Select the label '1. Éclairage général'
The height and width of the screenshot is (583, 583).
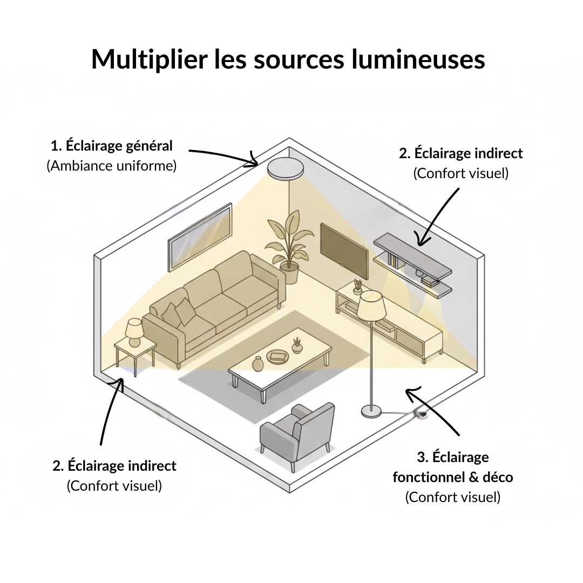[112, 146]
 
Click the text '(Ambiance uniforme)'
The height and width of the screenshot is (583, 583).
[112, 166]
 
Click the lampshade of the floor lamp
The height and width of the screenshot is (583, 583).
[371, 307]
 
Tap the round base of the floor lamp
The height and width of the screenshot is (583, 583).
[371, 412]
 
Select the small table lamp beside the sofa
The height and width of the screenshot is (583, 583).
[134, 331]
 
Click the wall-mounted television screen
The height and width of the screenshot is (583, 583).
[344, 250]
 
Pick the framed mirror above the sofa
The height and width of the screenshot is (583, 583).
[200, 237]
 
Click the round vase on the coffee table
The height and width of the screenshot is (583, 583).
[257, 364]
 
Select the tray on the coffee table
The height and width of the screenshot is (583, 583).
[278, 356]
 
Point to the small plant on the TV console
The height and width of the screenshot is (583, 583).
[357, 286]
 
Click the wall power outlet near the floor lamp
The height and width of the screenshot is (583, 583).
[421, 415]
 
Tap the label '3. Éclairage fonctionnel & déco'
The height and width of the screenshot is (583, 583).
[453, 467]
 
